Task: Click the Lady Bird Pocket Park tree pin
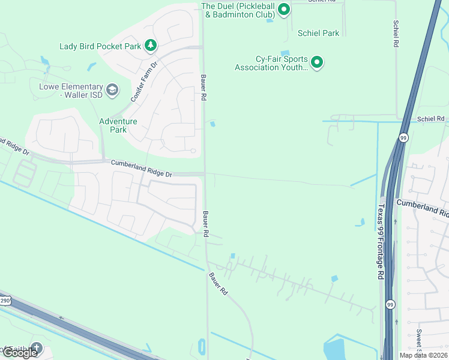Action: point(151,45)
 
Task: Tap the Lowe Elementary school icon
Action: point(112,90)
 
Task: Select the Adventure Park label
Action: point(118,125)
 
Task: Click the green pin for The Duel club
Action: point(285,9)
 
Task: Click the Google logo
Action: point(20,353)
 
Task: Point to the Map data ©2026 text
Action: point(423,355)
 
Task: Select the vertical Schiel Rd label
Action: point(396,34)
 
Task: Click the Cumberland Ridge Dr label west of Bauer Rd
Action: point(141,168)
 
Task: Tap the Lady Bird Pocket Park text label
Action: point(100,46)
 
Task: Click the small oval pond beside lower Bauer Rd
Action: point(201,346)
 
